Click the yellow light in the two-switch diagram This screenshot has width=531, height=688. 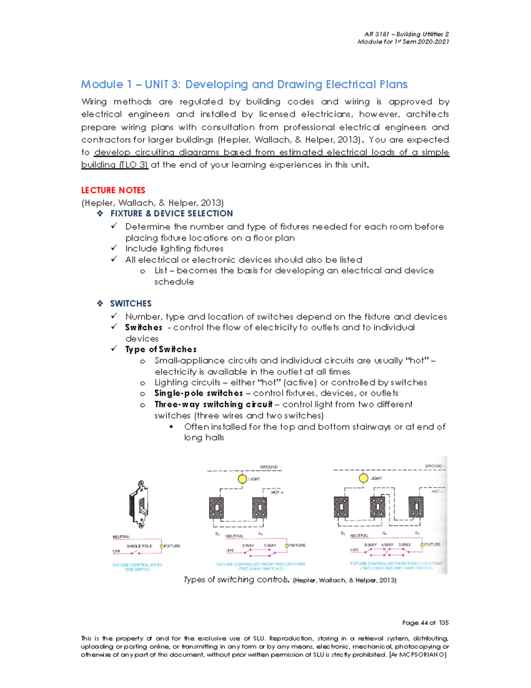pyautogui.click(x=242, y=479)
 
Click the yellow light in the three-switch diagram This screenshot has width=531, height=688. pyautogui.click(x=363, y=478)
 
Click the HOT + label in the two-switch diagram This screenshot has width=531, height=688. pyautogui.click(x=277, y=492)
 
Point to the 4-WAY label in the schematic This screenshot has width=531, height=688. pyautogui.click(x=387, y=545)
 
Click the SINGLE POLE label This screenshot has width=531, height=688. pyautogui.click(x=139, y=546)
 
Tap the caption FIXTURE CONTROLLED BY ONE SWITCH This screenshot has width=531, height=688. pyautogui.click(x=137, y=567)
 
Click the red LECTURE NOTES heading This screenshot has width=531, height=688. pyautogui.click(x=113, y=190)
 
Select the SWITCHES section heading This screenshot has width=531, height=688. pyautogui.click(x=131, y=303)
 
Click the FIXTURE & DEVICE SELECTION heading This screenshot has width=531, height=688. pyautogui.click(x=171, y=214)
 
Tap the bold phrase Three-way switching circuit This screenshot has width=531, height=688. pyautogui.click(x=213, y=404)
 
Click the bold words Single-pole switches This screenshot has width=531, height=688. pyautogui.click(x=198, y=393)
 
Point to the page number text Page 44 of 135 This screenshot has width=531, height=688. pyautogui.click(x=425, y=623)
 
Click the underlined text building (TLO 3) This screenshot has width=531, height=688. pyautogui.click(x=114, y=165)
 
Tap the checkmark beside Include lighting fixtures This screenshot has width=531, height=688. pyautogui.click(x=114, y=248)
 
